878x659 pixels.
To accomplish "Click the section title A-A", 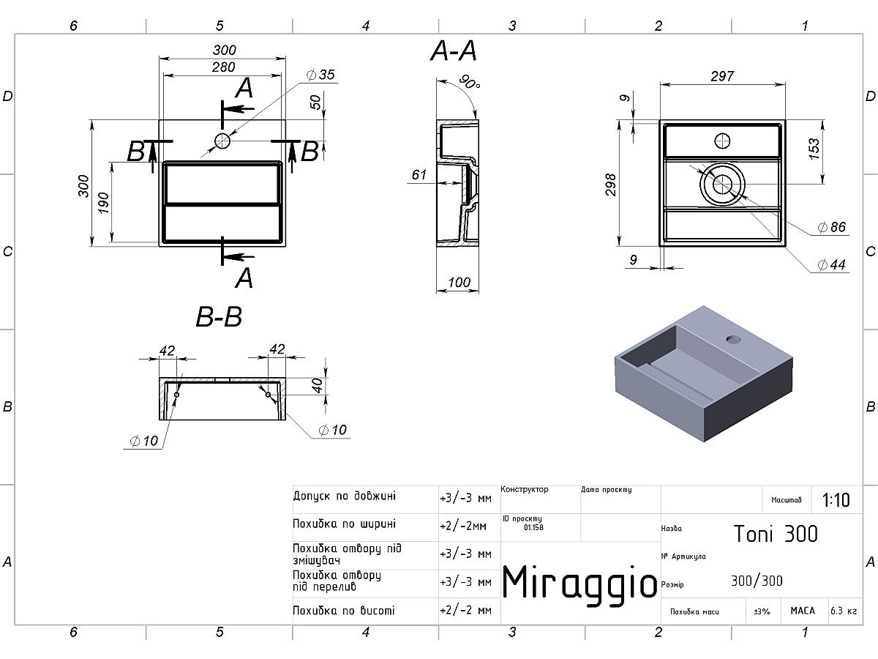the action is pos(454,51).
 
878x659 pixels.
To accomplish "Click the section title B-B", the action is pos(219,317).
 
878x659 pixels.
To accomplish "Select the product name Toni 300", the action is pos(776,534).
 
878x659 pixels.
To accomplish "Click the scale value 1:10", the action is pos(836,500).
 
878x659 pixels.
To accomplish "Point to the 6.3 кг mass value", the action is pos(844,611).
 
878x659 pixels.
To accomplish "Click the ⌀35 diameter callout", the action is pos(320,75).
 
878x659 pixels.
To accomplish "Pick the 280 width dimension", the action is pos(223,67).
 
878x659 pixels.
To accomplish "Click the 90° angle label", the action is pos(469,81).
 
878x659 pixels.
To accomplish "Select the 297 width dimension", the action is pos(722,76).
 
